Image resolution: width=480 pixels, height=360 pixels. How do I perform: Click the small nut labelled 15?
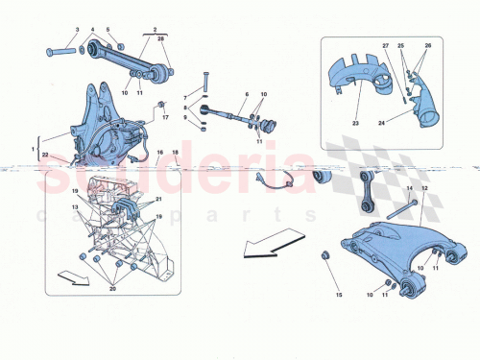click(324, 254)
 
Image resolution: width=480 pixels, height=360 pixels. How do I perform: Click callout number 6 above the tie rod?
click(246, 95)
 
